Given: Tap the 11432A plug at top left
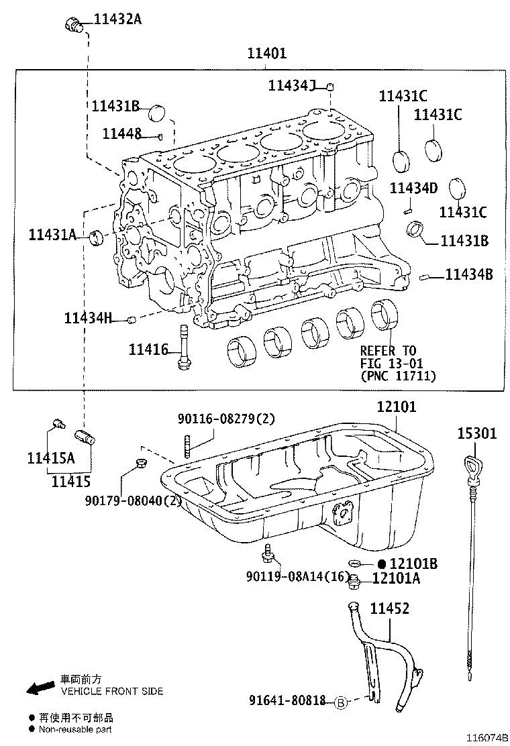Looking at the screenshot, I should (72, 25).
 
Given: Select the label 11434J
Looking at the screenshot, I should (291, 85).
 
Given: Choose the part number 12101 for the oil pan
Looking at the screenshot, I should (396, 407).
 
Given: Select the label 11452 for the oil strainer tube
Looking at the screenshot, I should (390, 608).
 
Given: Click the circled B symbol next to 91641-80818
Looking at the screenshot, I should (340, 702).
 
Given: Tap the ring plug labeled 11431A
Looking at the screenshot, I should (97, 235).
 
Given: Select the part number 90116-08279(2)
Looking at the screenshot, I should (226, 419).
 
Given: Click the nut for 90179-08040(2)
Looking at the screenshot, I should (140, 462).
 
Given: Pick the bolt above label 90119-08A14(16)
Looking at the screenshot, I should (268, 553).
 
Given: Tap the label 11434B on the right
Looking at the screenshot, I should (469, 274).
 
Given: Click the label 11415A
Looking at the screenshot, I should (50, 458).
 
